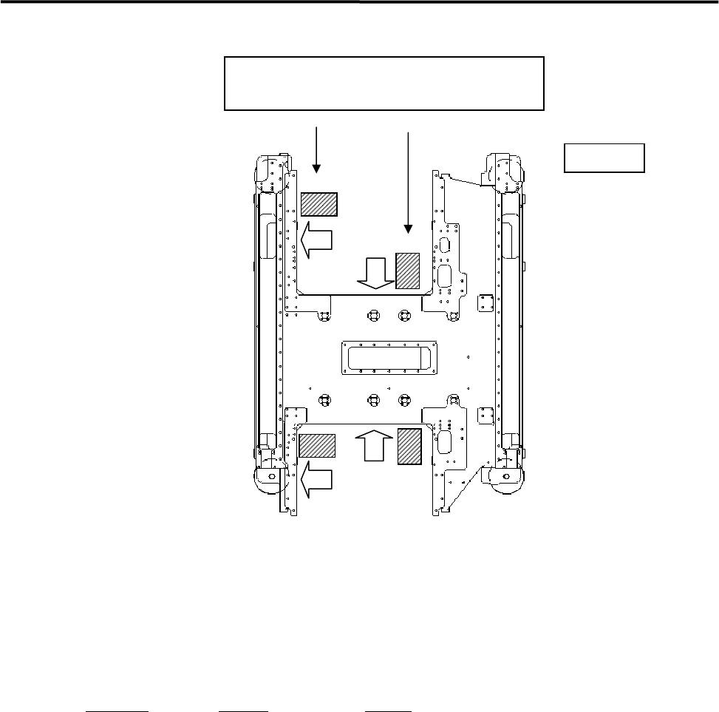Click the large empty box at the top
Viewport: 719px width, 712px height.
point(384,83)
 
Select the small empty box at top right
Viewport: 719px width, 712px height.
point(604,157)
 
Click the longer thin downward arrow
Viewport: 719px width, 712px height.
point(408,181)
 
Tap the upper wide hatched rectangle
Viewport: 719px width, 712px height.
point(319,204)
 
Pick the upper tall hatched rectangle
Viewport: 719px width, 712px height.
point(408,271)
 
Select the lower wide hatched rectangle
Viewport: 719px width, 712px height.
point(317,446)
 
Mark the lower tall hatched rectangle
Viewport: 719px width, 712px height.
point(409,446)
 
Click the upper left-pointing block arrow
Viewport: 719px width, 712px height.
point(317,242)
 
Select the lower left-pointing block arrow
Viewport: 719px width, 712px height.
point(316,475)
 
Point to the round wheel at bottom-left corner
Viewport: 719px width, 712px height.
point(269,478)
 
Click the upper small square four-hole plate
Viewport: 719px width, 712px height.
point(485,303)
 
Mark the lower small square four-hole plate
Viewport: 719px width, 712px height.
point(485,416)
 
